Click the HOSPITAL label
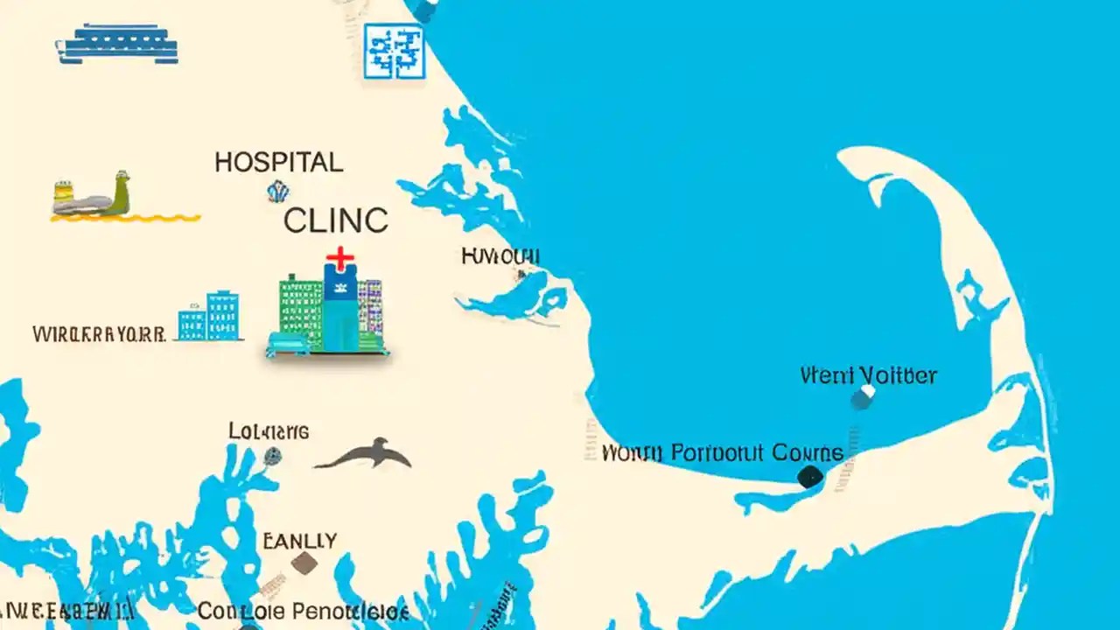click(278, 162)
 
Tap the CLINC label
click(335, 220)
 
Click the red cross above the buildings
click(339, 258)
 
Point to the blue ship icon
click(117, 45)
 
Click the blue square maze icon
click(394, 52)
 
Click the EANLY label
click(299, 541)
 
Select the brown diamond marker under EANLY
click(304, 563)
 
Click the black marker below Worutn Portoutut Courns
click(810, 476)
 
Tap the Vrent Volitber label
click(868, 376)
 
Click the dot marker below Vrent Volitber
click(862, 399)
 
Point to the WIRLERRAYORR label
click(99, 334)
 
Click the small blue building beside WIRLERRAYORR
click(209, 317)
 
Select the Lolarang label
click(269, 431)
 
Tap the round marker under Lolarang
click(272, 455)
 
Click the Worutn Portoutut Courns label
click(723, 453)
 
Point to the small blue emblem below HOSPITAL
click(278, 191)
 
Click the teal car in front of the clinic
click(288, 344)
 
